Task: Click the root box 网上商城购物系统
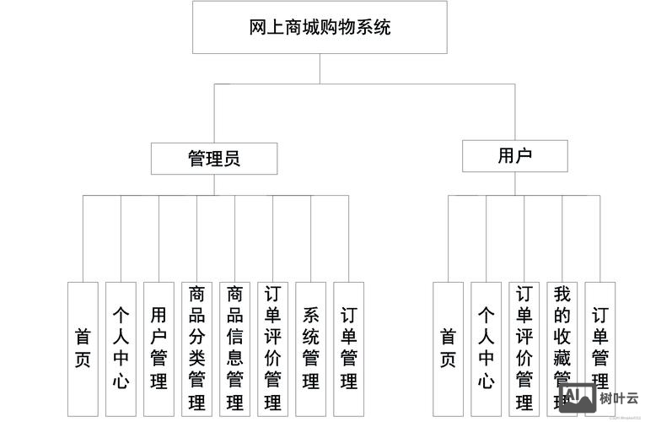click(x=320, y=27)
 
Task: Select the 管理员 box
click(x=213, y=158)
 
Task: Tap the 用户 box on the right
click(x=514, y=156)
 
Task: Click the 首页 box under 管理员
click(x=83, y=348)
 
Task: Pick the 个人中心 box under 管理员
click(x=121, y=348)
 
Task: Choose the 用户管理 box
click(x=159, y=348)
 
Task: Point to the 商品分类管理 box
click(x=196, y=348)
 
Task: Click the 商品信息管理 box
click(x=234, y=348)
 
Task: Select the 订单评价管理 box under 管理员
click(x=272, y=348)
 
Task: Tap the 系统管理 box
click(x=310, y=348)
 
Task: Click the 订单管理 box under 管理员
click(x=348, y=348)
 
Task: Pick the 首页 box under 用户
click(x=448, y=348)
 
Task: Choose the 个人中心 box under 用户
click(x=486, y=348)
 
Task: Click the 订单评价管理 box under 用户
click(x=524, y=348)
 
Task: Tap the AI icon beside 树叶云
click(x=578, y=398)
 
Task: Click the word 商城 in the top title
click(x=303, y=27)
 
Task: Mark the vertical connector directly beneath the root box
click(x=320, y=68)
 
